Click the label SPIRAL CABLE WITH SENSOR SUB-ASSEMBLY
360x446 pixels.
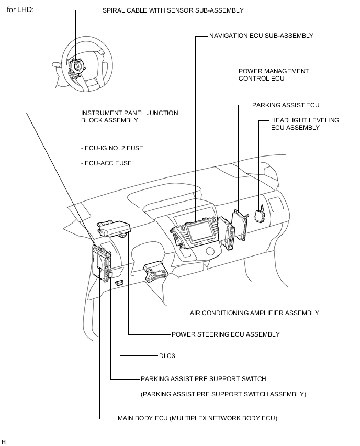tap(165, 10)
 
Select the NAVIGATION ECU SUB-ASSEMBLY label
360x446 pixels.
tap(261, 36)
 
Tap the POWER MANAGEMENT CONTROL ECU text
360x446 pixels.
tap(273, 75)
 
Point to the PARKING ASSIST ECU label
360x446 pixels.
tap(285, 105)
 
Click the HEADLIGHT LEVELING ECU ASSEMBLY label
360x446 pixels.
tap(305, 124)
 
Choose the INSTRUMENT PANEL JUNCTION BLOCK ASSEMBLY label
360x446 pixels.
tap(129, 117)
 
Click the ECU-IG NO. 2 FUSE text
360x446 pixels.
tap(112, 148)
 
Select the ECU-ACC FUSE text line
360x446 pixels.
tap(106, 163)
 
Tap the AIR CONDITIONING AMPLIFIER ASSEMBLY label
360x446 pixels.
tap(254, 313)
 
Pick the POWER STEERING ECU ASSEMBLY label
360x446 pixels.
tap(226, 334)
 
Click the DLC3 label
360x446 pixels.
tap(167, 356)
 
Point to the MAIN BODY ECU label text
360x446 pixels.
tap(197, 418)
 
